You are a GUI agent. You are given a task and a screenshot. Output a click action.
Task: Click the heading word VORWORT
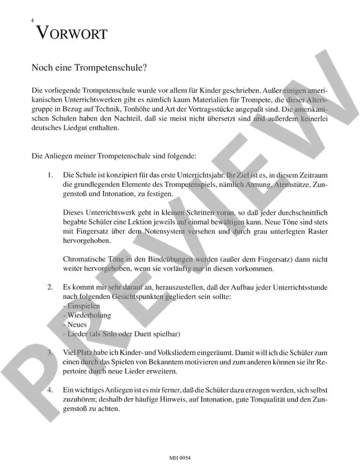[x=72, y=32]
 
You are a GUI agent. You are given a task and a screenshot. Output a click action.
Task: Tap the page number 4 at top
[x=32, y=20]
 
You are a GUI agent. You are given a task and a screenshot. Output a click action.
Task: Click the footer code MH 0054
[x=180, y=458]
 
